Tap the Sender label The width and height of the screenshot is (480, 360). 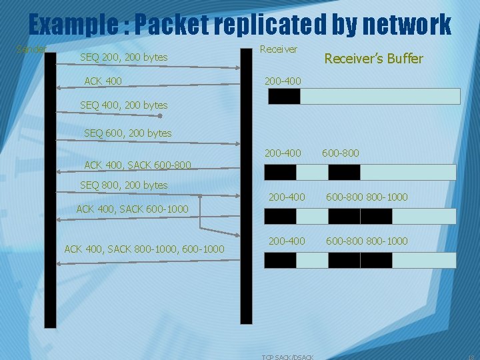coord(31,49)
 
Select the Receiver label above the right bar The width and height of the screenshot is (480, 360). coord(278,49)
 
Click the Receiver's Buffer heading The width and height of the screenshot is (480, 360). coord(373,59)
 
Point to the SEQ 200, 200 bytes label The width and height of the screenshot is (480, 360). coord(123,57)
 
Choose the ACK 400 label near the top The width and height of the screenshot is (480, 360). coord(103,81)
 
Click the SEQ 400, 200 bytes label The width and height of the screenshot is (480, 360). coord(123,105)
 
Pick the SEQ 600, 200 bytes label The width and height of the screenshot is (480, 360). coord(127,133)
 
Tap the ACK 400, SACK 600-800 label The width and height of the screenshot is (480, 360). coord(137,165)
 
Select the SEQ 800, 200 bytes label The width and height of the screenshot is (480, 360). coord(123,185)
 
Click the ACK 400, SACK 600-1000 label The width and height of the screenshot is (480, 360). coord(133,209)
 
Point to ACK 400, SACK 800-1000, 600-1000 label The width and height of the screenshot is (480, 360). coord(144,249)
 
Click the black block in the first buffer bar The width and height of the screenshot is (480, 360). coord(284,97)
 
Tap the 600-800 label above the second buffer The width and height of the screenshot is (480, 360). coord(340,153)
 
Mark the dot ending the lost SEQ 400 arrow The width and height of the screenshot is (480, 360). coord(160,115)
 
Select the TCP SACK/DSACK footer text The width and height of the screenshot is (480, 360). coord(288,357)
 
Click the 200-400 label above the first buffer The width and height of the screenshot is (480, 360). coord(283,81)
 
